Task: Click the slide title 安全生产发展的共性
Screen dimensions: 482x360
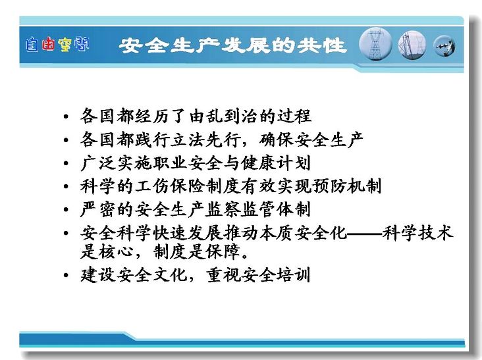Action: (x=232, y=45)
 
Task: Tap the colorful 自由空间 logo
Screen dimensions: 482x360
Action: (x=57, y=45)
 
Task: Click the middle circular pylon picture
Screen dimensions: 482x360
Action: (x=412, y=45)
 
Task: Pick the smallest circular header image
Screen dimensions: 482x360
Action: (x=444, y=46)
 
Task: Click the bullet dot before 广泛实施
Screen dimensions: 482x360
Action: (x=66, y=163)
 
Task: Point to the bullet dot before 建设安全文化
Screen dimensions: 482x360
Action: (x=66, y=275)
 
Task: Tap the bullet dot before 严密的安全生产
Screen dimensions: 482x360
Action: (x=66, y=210)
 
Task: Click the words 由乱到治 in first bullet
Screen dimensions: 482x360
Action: (x=223, y=116)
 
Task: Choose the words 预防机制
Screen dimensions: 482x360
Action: (x=346, y=186)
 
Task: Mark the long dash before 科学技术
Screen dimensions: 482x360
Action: (x=365, y=234)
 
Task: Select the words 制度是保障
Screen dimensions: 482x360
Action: (x=196, y=252)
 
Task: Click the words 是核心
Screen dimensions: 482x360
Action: (x=107, y=252)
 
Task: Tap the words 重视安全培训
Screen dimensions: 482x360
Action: (x=258, y=274)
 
